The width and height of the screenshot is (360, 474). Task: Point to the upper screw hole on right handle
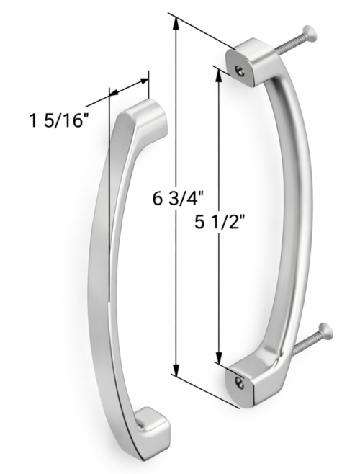238,68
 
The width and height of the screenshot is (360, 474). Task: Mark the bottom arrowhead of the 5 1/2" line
218,357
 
